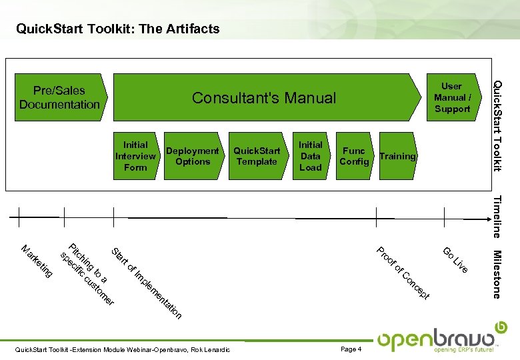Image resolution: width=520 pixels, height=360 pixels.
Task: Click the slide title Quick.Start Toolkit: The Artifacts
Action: [x=117, y=29]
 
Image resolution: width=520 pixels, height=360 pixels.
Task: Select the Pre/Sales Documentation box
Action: [x=59, y=97]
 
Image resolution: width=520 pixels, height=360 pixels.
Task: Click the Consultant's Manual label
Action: [x=264, y=98]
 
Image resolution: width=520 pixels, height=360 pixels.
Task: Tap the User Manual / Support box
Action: [x=451, y=97]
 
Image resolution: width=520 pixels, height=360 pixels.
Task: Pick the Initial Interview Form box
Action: [x=136, y=156]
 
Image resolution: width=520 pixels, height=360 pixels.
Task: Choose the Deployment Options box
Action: [x=193, y=156]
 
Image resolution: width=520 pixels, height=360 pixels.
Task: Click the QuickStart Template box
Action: [x=257, y=156]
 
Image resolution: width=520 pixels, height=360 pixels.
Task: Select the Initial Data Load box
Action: [x=311, y=156]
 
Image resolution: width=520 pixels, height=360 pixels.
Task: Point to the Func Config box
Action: [x=354, y=156]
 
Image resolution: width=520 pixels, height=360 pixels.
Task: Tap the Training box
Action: [x=397, y=156]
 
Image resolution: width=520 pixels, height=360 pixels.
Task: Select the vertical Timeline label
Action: [x=497, y=216]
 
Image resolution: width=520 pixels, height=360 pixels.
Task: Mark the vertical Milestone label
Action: [x=497, y=273]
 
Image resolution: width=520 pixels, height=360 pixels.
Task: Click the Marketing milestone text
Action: [x=37, y=261]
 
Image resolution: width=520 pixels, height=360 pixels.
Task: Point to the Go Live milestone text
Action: [x=455, y=259]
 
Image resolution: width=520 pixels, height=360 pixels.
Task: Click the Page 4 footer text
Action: [x=350, y=349]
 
